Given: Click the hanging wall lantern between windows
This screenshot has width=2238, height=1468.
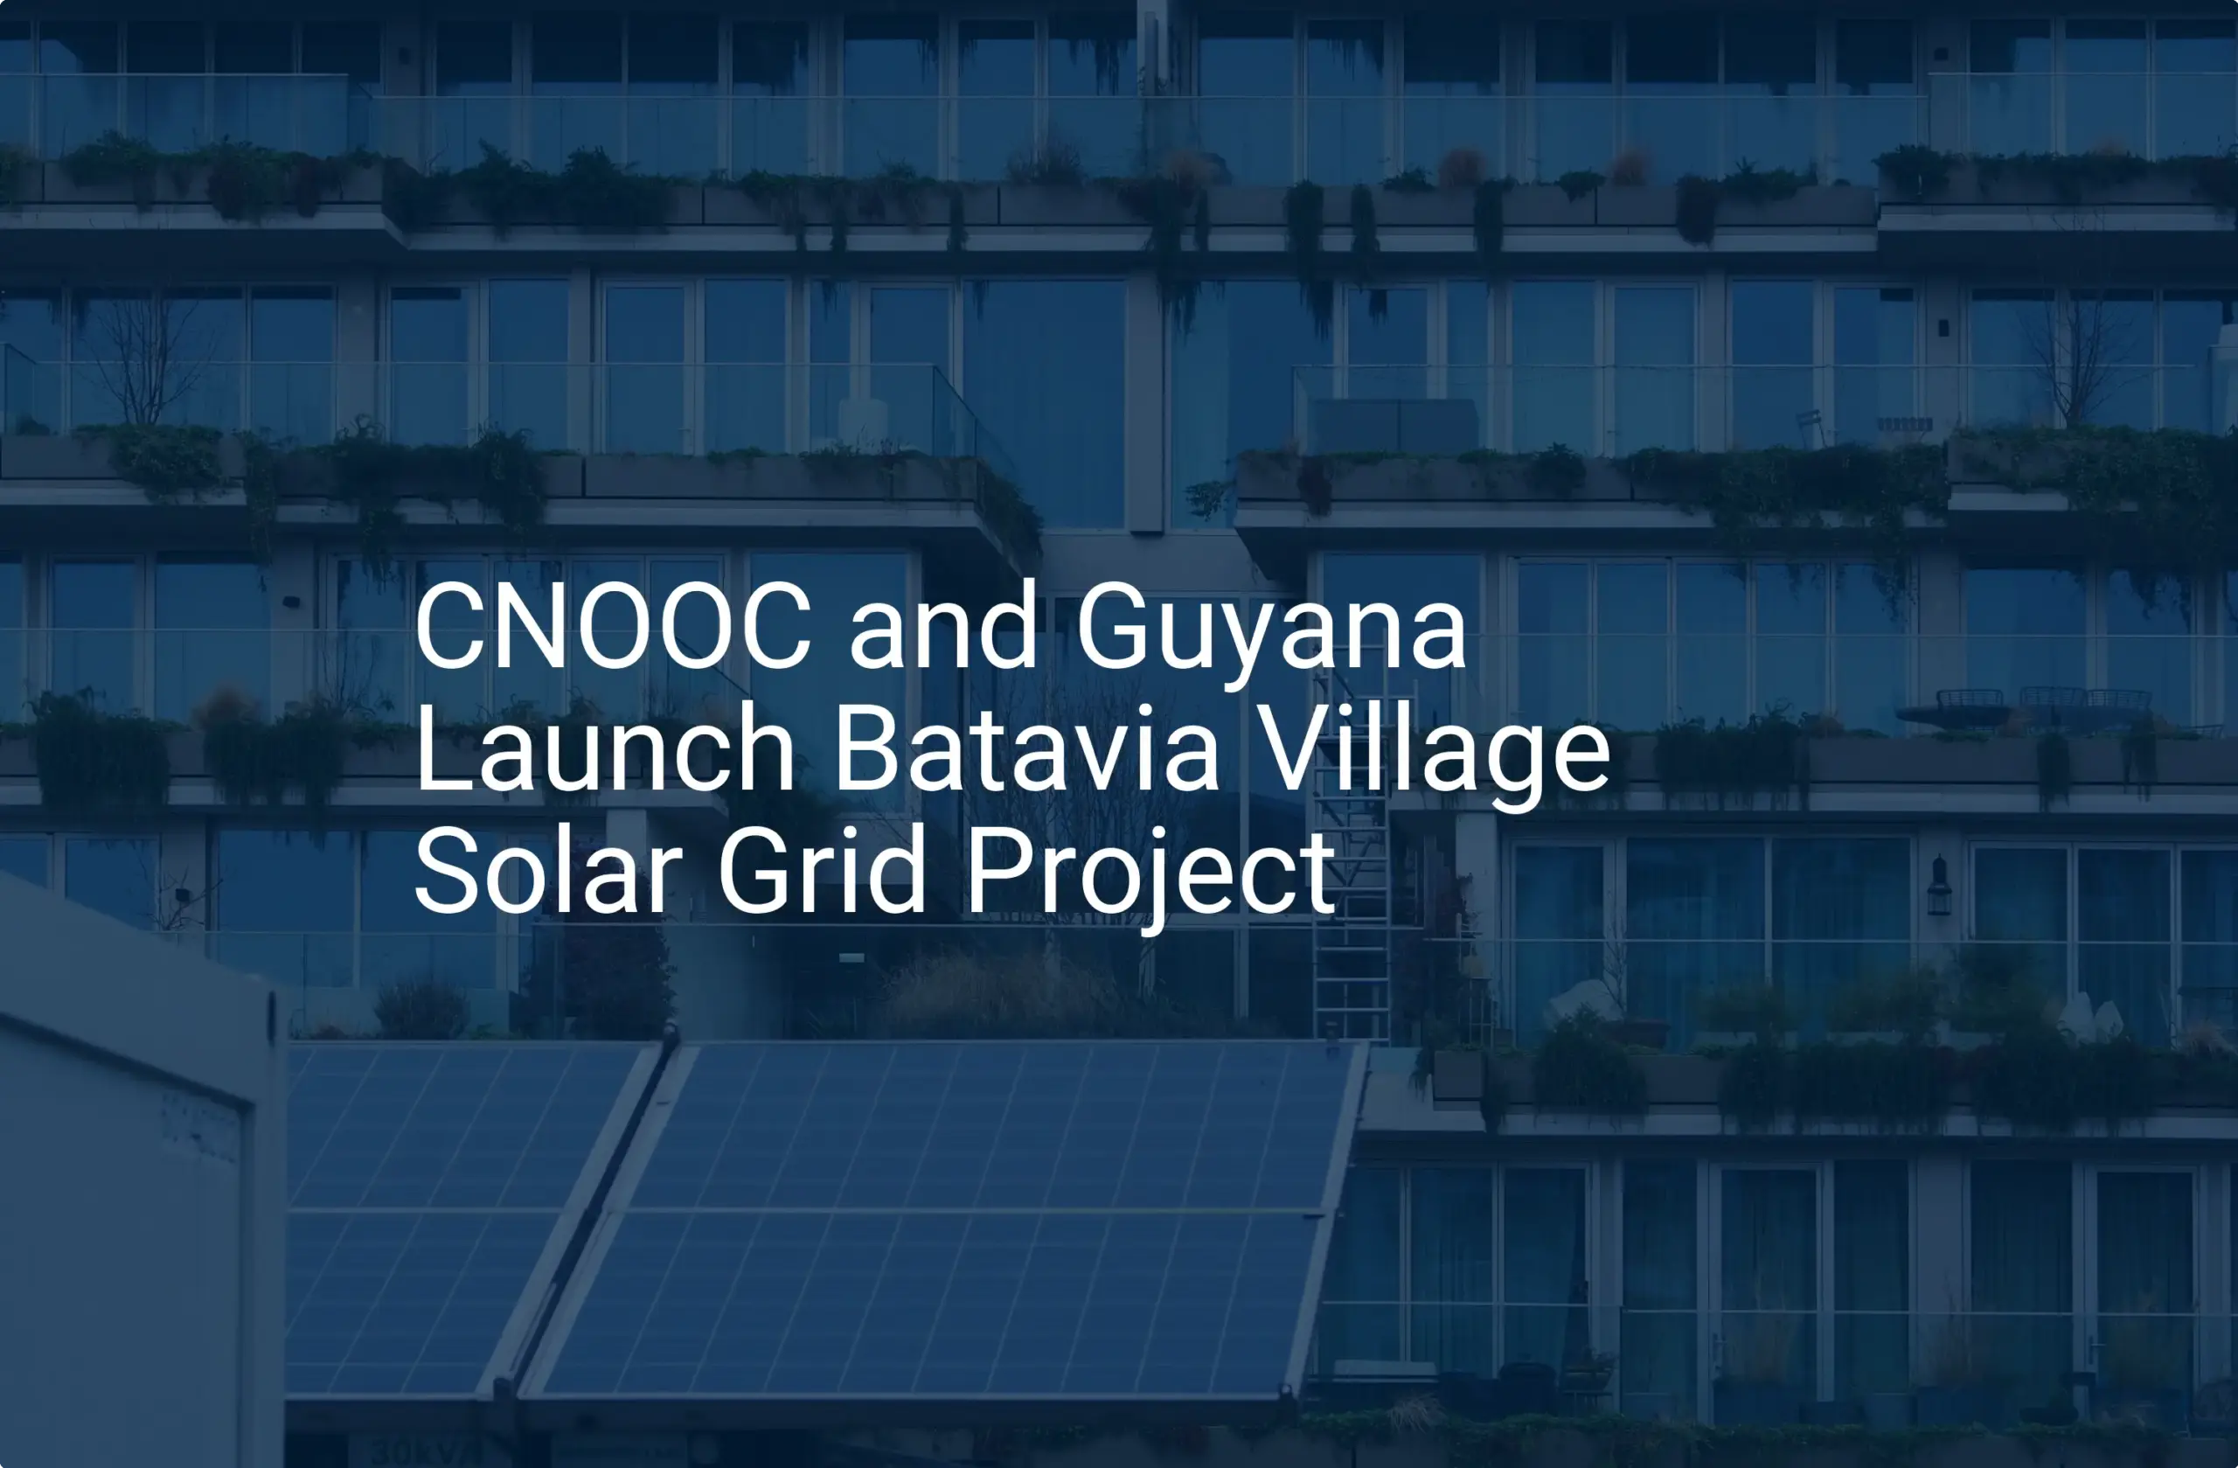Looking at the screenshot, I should [1939, 886].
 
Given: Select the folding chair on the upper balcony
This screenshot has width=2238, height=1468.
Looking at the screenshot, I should [1811, 428].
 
